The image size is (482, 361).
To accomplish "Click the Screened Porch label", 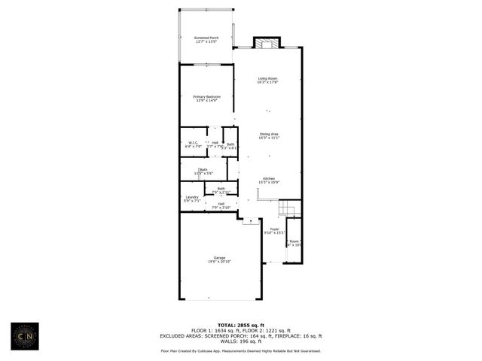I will pyautogui.click(x=206, y=38).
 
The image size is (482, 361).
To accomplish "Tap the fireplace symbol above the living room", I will pyautogui.click(x=266, y=43).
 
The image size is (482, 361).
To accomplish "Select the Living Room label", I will pyautogui.click(x=268, y=78).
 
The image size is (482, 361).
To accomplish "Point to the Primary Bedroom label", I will pyautogui.click(x=206, y=96).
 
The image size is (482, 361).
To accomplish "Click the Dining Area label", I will pyautogui.click(x=269, y=134).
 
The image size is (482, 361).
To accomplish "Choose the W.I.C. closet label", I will pyautogui.click(x=193, y=143).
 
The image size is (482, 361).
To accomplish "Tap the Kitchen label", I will pyautogui.click(x=269, y=178).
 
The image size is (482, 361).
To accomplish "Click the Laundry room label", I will pyautogui.click(x=191, y=197).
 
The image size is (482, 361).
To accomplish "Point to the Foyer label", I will pyautogui.click(x=274, y=229).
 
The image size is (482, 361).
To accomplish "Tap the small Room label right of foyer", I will pyautogui.click(x=294, y=241).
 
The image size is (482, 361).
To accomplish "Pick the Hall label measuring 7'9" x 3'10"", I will pyautogui.click(x=221, y=203).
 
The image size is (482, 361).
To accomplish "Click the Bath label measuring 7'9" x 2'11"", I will pyautogui.click(x=221, y=189).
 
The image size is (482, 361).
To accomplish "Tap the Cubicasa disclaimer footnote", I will pyautogui.click(x=240, y=350).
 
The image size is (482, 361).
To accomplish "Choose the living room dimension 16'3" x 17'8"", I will pyautogui.click(x=268, y=82).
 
